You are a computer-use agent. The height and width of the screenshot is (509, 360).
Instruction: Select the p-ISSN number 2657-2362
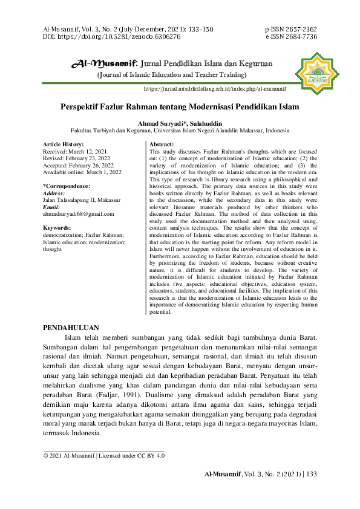point(300,29)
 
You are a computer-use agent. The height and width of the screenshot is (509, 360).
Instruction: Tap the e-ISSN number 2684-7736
point(300,37)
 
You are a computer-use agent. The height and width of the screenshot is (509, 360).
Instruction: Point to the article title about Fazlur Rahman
point(180,107)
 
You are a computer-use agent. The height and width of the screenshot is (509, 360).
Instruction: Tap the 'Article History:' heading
point(64,144)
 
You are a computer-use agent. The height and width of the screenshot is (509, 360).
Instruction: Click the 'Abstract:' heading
point(162,144)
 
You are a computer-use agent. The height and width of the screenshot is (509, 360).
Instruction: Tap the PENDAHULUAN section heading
point(71,327)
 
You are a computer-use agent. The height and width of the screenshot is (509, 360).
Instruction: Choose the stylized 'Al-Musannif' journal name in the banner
point(104,63)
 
